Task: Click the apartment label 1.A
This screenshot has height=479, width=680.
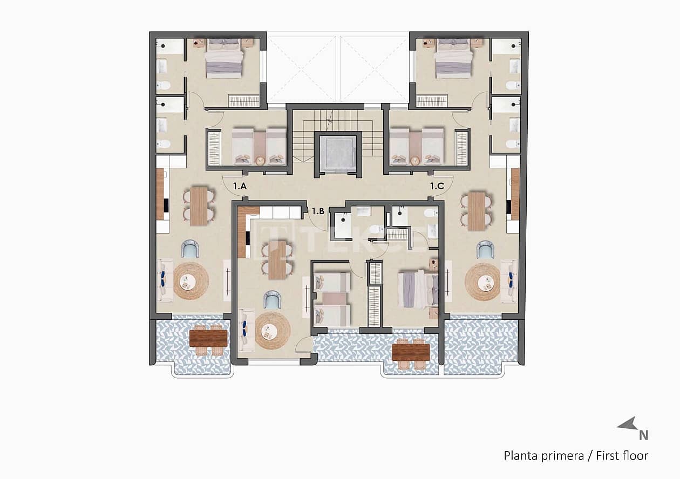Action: [x=240, y=186]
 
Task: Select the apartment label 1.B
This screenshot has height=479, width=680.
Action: [x=318, y=211]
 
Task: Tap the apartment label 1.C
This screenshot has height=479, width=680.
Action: [x=437, y=186]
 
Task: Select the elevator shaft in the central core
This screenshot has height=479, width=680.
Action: [x=337, y=152]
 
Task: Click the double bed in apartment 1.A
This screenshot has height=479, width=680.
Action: [x=224, y=58]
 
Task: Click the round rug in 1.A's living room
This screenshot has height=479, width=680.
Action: [x=191, y=281]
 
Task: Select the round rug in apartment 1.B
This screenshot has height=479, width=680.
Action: [x=273, y=331]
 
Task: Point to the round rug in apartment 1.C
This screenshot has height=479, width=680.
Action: [x=482, y=281]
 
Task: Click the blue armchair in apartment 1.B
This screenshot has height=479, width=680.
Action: [x=272, y=300]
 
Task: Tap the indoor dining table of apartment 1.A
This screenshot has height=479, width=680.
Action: [x=199, y=206]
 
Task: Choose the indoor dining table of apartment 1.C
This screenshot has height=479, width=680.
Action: [x=477, y=211]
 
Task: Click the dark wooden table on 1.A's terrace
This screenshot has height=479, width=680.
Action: [x=208, y=338]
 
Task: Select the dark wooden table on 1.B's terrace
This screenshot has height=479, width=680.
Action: [x=411, y=352]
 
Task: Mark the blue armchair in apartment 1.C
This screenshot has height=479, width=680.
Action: [x=485, y=250]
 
